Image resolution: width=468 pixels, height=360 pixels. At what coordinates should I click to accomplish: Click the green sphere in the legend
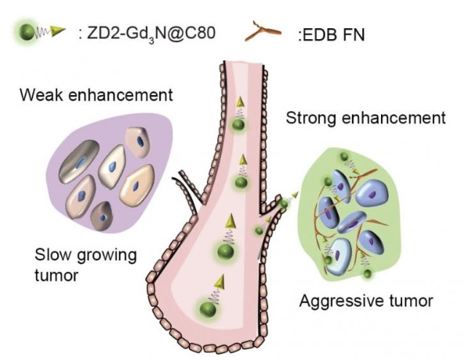click(27, 32)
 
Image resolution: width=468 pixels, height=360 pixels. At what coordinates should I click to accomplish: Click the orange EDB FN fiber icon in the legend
click(263, 30)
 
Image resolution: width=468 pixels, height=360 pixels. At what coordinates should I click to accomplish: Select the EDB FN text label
click(332, 35)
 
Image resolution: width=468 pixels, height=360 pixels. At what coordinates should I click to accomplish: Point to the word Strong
click(310, 118)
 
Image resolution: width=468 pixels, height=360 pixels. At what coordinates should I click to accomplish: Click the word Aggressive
click(337, 301)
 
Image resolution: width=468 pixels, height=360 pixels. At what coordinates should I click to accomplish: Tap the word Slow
click(53, 255)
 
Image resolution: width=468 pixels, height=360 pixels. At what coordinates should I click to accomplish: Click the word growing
click(107, 256)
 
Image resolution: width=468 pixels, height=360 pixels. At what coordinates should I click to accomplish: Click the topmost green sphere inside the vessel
click(239, 124)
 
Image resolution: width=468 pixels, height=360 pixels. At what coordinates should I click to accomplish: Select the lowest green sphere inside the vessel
click(208, 309)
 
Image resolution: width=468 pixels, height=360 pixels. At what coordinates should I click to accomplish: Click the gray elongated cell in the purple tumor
click(79, 161)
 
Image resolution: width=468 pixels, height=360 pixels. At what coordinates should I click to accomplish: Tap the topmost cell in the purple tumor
click(137, 142)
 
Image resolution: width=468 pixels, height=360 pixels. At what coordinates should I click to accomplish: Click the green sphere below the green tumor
click(368, 273)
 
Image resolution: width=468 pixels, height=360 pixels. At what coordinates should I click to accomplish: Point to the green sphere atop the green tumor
click(344, 156)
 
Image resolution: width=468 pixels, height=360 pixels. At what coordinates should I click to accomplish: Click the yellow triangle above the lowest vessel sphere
click(220, 282)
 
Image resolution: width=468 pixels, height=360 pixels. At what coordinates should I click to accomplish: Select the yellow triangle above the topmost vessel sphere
click(241, 102)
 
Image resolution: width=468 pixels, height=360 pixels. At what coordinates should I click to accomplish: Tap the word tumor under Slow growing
click(56, 275)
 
